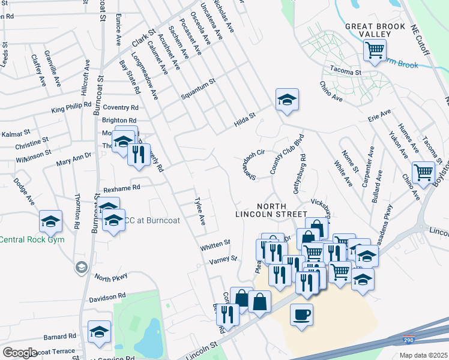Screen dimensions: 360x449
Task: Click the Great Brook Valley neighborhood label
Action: [376, 31]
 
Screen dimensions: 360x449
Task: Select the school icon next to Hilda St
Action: [287, 100]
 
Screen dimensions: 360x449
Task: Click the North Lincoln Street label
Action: [271, 209]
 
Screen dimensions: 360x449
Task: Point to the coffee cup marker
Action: [301, 314]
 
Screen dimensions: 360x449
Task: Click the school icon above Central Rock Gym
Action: [51, 221]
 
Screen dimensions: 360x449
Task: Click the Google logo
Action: [20, 353]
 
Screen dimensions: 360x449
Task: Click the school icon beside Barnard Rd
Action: [100, 332]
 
